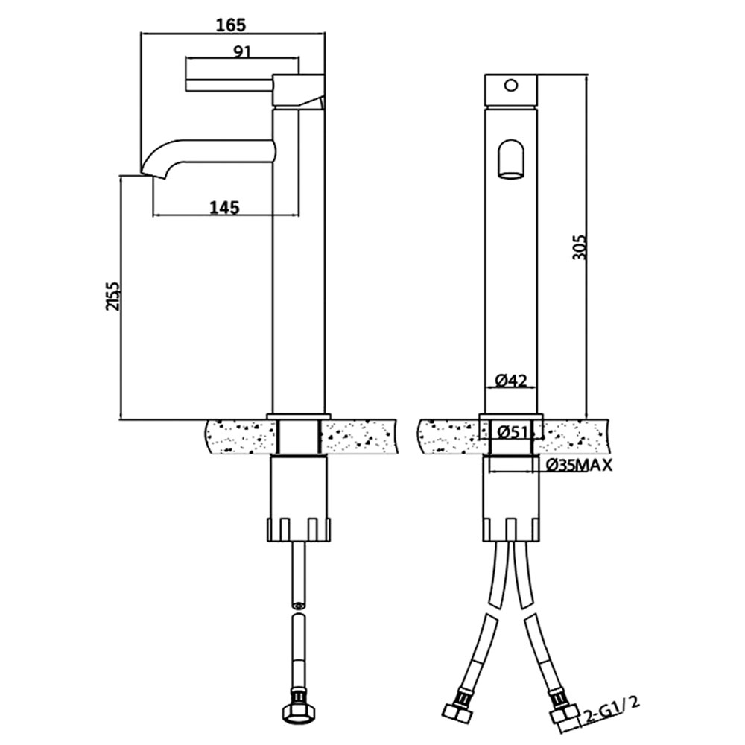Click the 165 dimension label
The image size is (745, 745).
(x=232, y=25)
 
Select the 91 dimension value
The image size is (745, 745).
(x=242, y=51)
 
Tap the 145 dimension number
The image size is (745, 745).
(x=225, y=207)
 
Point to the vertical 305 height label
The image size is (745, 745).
(x=580, y=247)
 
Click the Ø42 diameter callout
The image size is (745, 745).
(x=511, y=380)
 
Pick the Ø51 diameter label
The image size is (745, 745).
(x=513, y=432)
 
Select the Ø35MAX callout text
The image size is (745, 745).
(x=579, y=466)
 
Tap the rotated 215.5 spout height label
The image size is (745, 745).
(x=114, y=296)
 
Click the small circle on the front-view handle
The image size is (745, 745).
(x=511, y=86)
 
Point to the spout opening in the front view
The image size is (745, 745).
(x=510, y=159)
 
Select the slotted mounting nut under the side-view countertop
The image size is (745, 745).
(x=299, y=529)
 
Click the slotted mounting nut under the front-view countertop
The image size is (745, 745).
(x=511, y=529)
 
